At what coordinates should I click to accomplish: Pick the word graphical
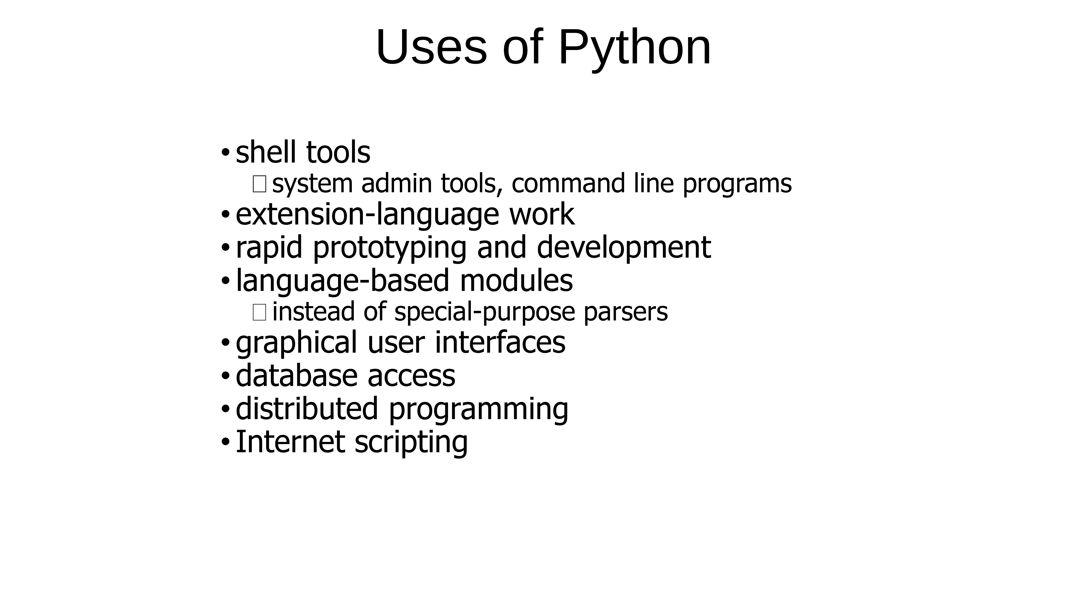(x=296, y=343)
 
